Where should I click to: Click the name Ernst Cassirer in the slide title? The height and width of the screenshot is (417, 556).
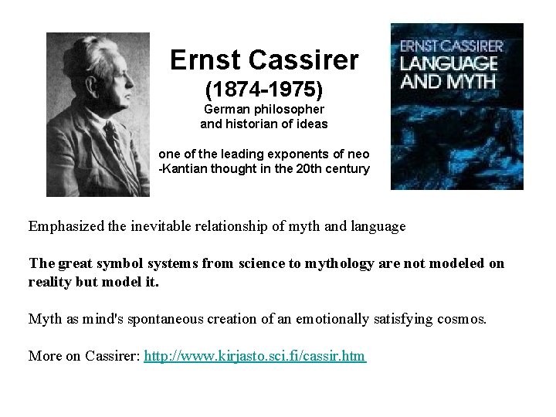tap(263, 59)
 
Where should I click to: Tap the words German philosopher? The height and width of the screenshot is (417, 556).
tap(264, 110)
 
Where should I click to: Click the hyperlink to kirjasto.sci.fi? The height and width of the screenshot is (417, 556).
tap(256, 356)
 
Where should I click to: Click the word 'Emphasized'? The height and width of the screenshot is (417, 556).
tap(66, 226)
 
